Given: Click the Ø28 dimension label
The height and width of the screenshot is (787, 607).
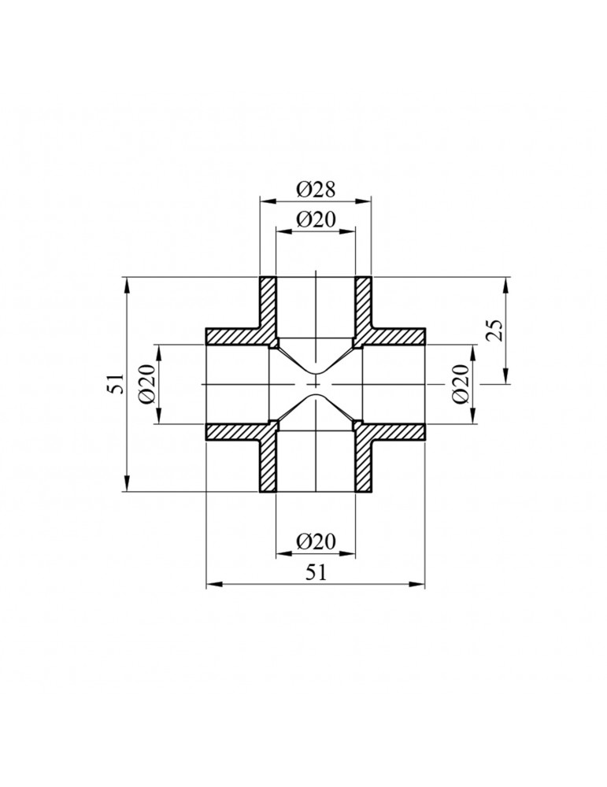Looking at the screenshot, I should (x=316, y=190).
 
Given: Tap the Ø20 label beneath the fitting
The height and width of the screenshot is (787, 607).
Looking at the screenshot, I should (x=316, y=541).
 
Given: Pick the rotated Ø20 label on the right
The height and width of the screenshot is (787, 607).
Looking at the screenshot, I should (x=461, y=384).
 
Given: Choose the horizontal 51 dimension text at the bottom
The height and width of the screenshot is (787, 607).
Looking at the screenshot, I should (x=316, y=574).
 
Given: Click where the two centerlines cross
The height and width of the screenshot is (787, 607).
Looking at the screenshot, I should (x=316, y=384).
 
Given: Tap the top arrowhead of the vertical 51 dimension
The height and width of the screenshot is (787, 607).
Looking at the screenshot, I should (x=127, y=282).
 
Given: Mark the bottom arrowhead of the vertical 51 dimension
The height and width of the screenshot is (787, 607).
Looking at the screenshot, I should (x=127, y=487).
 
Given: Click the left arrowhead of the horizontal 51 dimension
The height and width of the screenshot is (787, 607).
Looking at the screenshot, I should (x=211, y=585).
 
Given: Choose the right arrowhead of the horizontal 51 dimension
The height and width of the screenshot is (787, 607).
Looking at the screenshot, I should (x=420, y=585).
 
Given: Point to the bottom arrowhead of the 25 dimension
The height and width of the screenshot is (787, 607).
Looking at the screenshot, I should (x=505, y=379).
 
